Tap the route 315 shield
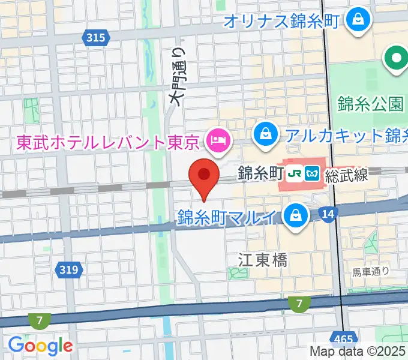click(x=96, y=38)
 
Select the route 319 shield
click(x=70, y=270)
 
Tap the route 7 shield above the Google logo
click(x=40, y=321)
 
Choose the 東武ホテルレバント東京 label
click(x=108, y=142)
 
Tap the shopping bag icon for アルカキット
click(x=265, y=134)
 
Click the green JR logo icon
click(x=294, y=174)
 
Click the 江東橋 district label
click(x=263, y=260)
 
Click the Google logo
click(x=40, y=346)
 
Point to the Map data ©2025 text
click(x=358, y=351)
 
